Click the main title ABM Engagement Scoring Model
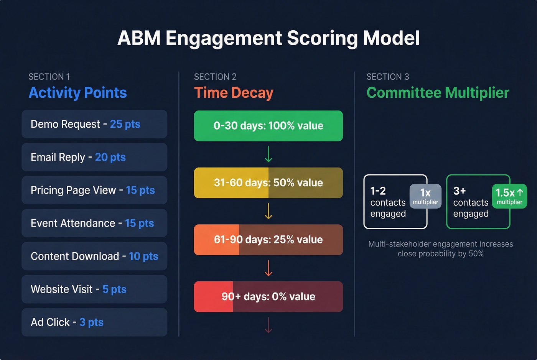(268, 38)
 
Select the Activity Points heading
(77, 93)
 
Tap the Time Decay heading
(234, 93)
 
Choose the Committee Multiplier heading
(438, 93)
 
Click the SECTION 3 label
(387, 77)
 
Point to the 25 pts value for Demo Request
(125, 124)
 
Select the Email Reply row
(94, 157)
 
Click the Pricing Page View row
(94, 190)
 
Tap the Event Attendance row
(94, 223)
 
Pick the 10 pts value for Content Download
(143, 256)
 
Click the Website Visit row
(94, 289)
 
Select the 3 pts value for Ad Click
(91, 322)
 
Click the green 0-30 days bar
(268, 126)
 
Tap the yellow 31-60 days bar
(268, 182)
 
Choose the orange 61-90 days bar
(268, 240)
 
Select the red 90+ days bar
(268, 296)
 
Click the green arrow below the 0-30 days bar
(268, 154)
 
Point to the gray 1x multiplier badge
(425, 196)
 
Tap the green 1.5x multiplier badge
(509, 196)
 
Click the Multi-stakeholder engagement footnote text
(440, 249)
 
